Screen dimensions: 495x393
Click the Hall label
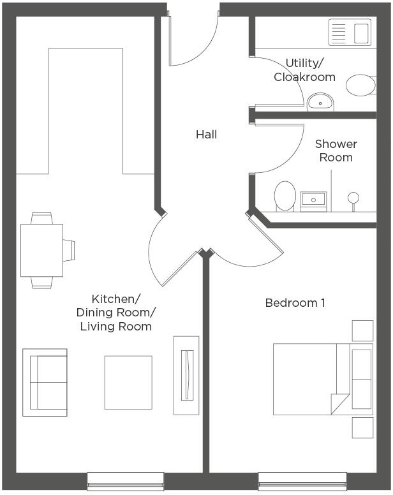(x=206, y=135)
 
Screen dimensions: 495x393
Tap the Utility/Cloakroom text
(x=304, y=70)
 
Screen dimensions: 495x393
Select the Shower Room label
(x=336, y=151)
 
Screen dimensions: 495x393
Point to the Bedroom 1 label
(x=295, y=302)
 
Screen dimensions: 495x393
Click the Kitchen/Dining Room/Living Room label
(x=115, y=313)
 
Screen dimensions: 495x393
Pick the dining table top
(x=41, y=250)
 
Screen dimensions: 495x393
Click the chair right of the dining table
(x=68, y=250)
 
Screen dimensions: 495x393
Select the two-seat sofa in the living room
(x=45, y=382)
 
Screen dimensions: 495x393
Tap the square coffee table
(x=128, y=382)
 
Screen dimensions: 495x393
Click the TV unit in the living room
(x=186, y=375)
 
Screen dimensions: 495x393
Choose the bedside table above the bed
(x=362, y=330)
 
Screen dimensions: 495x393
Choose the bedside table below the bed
(x=362, y=427)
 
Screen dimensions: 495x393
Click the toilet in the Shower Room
(x=285, y=195)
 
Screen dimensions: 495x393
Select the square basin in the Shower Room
(x=314, y=200)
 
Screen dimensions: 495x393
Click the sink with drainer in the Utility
(x=350, y=31)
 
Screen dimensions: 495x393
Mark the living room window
(x=126, y=481)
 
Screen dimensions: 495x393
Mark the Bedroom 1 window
(x=302, y=481)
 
